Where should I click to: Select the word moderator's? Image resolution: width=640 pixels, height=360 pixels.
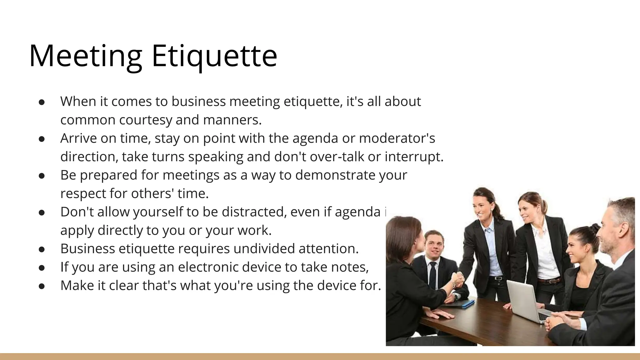click(x=397, y=138)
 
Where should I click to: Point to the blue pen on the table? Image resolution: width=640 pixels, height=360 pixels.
click(x=467, y=303)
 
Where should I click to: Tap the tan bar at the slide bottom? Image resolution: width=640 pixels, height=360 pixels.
click(x=320, y=356)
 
